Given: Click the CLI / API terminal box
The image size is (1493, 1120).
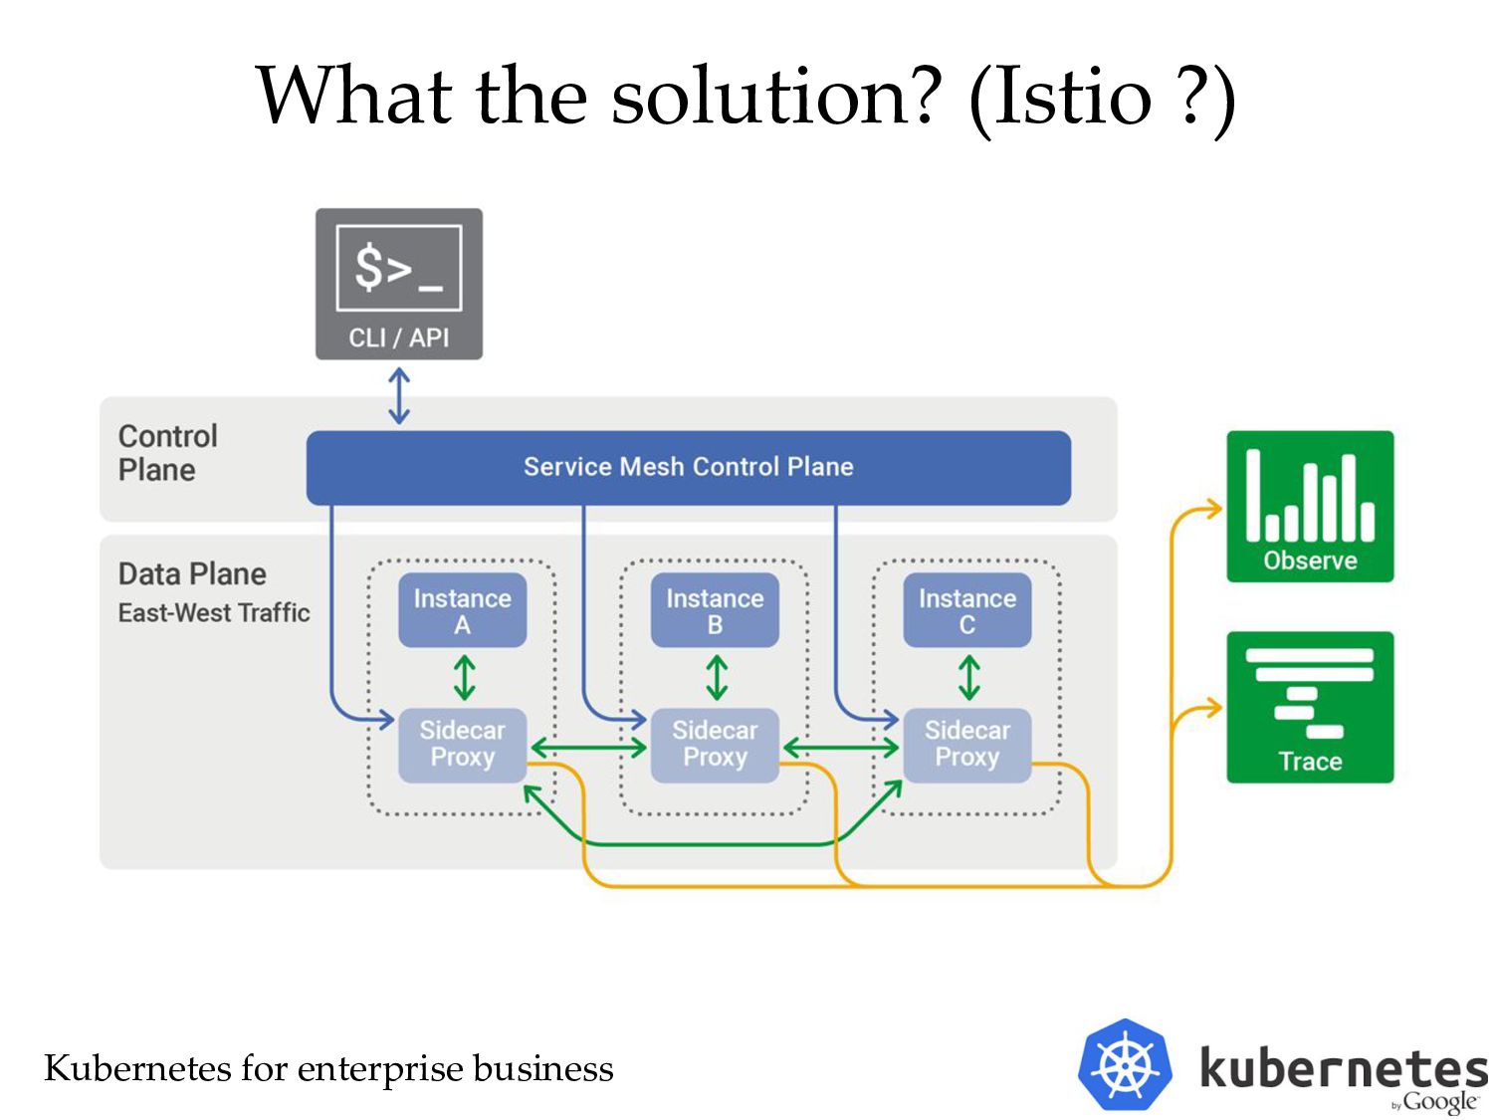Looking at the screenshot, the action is (x=398, y=284).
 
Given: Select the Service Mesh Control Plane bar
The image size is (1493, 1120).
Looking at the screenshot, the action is (x=689, y=467).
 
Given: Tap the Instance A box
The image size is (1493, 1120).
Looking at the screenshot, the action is (x=462, y=610).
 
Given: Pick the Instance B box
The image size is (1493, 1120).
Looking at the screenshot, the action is (x=715, y=610).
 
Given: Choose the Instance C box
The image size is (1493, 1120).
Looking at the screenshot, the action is (x=966, y=610).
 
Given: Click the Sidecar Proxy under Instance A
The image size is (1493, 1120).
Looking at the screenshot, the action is (x=462, y=746).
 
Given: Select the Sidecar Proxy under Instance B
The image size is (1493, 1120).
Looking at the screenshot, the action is (x=715, y=746).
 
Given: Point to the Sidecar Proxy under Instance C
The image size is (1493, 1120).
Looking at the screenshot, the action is (x=966, y=746).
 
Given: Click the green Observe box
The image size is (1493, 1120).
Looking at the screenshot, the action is (x=1309, y=506).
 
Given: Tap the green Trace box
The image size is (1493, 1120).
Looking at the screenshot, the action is (x=1309, y=707).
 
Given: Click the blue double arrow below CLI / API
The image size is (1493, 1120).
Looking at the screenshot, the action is (x=398, y=396).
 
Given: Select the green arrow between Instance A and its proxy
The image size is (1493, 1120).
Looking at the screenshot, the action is (x=464, y=677).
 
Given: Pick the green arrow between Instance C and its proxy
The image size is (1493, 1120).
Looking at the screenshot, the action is (x=968, y=677).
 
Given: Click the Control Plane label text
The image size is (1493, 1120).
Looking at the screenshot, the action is (x=167, y=453).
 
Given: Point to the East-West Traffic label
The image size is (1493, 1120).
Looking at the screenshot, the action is (x=214, y=612).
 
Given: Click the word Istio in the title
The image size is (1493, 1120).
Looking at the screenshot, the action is (x=1072, y=96).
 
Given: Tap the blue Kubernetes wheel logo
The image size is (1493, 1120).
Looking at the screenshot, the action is (x=1125, y=1064).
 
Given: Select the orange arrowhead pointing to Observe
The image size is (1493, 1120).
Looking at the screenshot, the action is (x=1212, y=509).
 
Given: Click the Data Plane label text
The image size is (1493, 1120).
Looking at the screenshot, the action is (x=192, y=574).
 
